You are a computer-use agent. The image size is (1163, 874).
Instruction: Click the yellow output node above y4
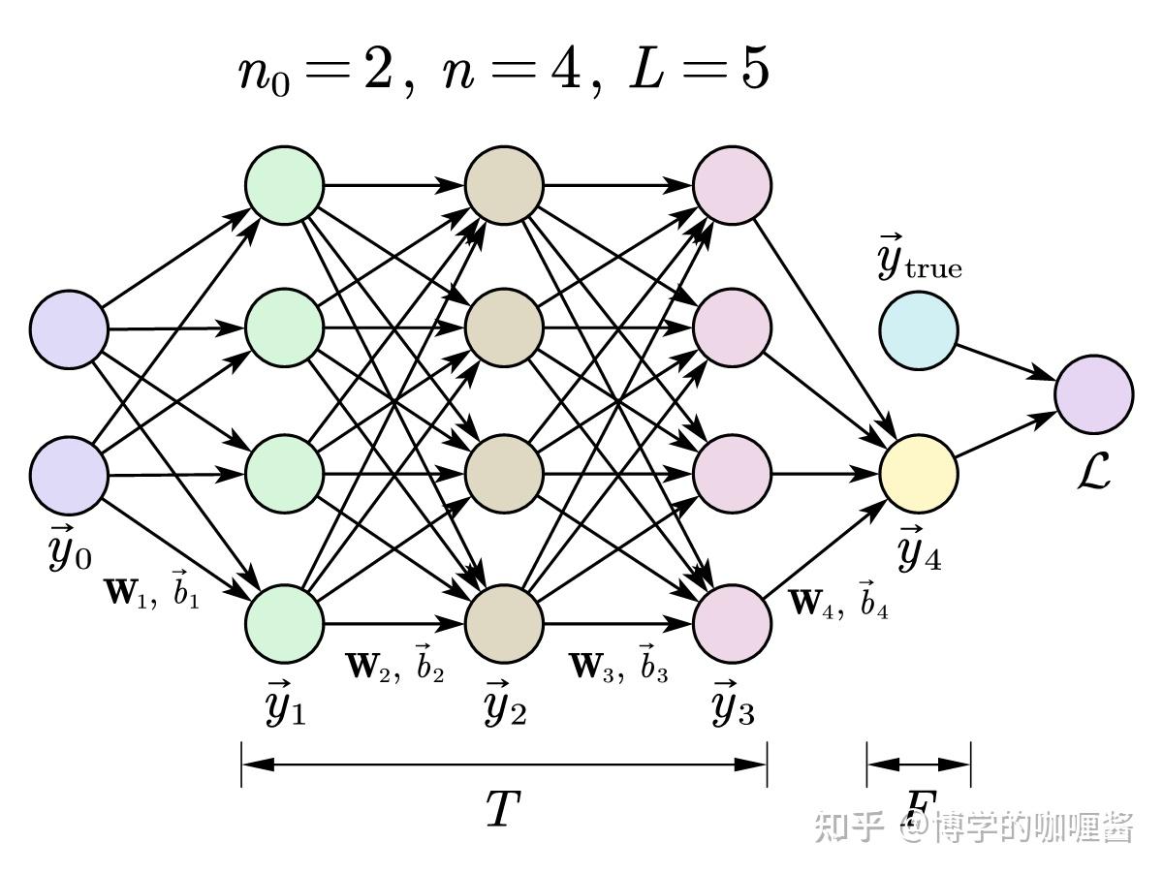pos(918,475)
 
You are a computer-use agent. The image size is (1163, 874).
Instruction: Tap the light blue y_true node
pos(918,330)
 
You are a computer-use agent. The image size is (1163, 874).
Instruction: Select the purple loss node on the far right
pos(1093,394)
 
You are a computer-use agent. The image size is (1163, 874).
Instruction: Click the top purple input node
pos(68,328)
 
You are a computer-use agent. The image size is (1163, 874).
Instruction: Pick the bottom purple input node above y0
pos(68,475)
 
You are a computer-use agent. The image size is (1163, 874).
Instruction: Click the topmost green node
pos(284,184)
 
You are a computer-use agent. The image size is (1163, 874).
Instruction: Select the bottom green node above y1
pos(284,622)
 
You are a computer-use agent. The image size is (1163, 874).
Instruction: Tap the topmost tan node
pos(504,184)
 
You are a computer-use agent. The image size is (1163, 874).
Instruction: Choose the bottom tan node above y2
pos(504,622)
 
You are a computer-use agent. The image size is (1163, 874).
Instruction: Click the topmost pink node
pos(733,184)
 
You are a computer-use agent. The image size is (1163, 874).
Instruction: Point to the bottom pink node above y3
pos(733,622)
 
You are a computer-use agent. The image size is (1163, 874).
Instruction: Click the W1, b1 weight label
pos(151,592)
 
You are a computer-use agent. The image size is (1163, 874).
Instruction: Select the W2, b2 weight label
pos(394,666)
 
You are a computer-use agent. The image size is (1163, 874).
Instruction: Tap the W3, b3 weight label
pos(618,666)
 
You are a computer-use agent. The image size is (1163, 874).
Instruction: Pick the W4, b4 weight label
pos(839,604)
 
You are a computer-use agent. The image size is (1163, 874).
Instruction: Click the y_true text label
pos(919,261)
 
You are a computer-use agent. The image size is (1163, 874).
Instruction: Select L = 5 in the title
pos(699,73)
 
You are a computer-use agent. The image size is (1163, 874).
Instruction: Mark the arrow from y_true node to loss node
pos(1008,359)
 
